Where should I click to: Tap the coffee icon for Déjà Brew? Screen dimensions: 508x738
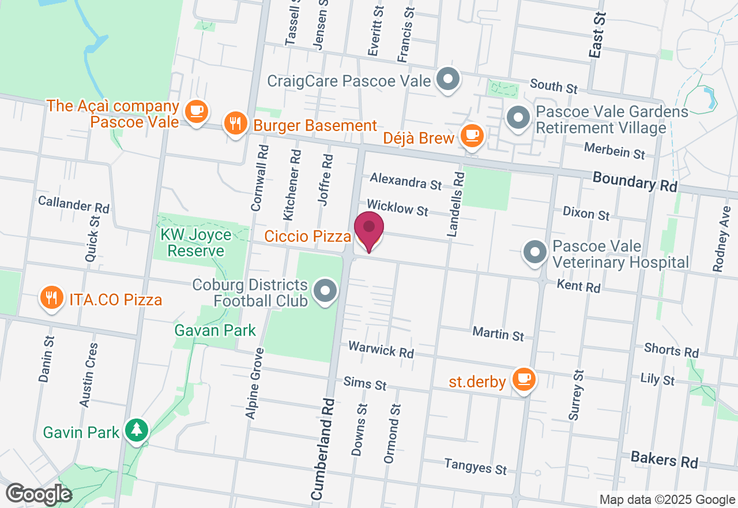[473, 136]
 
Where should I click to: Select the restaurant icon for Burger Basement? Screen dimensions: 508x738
[235, 124]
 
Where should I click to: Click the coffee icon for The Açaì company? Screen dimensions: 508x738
[196, 110]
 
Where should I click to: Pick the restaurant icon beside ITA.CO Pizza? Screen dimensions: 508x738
[52, 298]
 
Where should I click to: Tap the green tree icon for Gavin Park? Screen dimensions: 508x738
[137, 430]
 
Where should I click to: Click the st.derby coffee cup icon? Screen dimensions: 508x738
[524, 379]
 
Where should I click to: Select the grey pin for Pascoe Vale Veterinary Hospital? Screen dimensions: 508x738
[534, 252]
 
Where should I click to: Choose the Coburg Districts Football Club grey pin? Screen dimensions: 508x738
[325, 291]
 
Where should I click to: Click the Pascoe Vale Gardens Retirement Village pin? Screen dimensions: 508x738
[518, 118]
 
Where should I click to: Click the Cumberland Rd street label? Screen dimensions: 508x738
[323, 448]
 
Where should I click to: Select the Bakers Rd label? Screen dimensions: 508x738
[664, 460]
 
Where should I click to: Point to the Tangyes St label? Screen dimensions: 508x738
[475, 466]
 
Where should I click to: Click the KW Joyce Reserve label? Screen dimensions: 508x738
[195, 243]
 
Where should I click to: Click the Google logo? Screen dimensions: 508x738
[39, 495]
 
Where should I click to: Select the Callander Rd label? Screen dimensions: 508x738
[73, 204]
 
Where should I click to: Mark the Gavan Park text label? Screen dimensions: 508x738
[216, 330]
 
